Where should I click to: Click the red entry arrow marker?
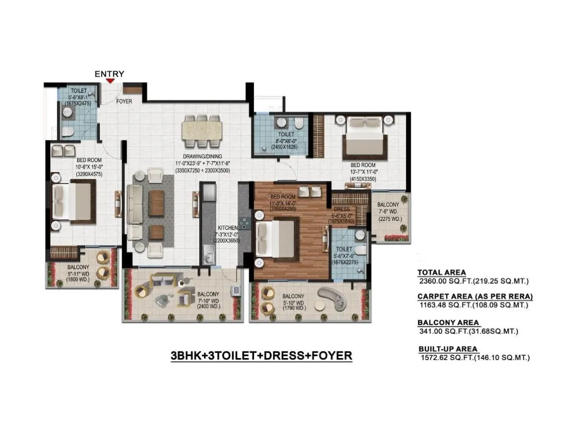pos(110,81)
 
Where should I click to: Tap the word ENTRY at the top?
pos(109,73)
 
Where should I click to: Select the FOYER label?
pos(124,101)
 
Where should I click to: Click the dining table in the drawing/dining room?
pos(202,131)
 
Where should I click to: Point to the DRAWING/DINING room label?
pos(202,156)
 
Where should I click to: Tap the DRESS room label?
pos(342,209)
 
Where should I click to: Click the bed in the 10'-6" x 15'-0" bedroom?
pos(72,202)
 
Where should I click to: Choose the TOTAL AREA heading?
pos(441,272)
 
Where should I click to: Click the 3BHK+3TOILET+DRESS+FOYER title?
pos(262,356)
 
